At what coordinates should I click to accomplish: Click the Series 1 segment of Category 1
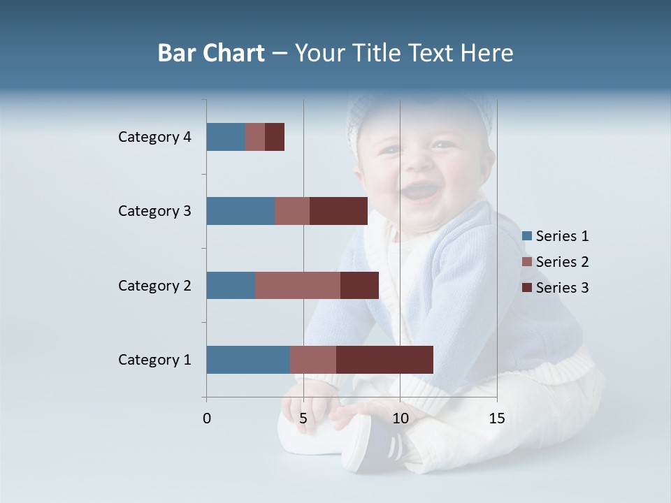248,360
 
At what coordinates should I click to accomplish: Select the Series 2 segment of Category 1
313,360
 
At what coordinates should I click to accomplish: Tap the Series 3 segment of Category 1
384,360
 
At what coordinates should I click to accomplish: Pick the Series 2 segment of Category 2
298,285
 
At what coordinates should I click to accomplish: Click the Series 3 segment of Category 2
359,285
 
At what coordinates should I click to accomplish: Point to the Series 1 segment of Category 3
240,211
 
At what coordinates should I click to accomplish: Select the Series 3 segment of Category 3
338,211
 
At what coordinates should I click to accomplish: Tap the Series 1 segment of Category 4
226,137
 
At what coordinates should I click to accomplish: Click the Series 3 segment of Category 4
275,137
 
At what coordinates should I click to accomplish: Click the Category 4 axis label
154,137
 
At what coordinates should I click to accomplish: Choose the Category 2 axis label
154,285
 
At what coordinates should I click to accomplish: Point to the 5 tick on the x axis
303,418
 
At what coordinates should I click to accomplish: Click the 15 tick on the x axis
496,418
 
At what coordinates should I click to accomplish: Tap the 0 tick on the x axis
207,418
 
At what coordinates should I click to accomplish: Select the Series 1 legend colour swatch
527,236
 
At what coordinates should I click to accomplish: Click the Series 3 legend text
562,288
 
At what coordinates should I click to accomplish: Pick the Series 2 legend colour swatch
527,262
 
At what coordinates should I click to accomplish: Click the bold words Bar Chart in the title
211,53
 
